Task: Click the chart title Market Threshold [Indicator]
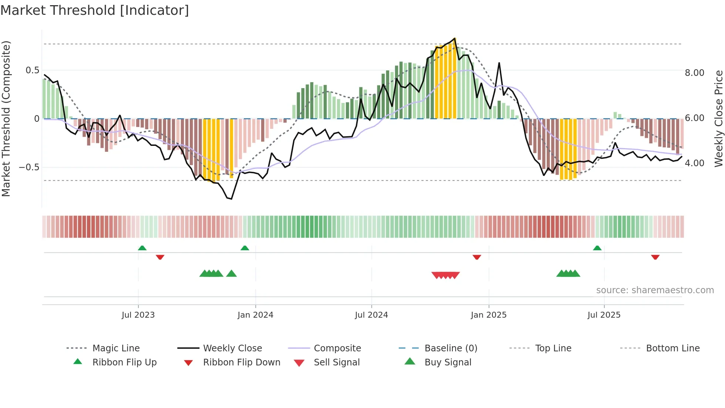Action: click(x=95, y=10)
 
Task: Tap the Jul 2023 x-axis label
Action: click(x=138, y=315)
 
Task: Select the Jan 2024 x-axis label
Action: click(x=255, y=315)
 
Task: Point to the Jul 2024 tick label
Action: click(x=371, y=315)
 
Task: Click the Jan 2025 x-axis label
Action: click(x=489, y=315)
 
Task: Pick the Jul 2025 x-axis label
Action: click(x=604, y=315)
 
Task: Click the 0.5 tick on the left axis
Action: click(x=32, y=70)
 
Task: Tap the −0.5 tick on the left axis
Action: click(x=29, y=167)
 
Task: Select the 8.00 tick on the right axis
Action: click(x=694, y=73)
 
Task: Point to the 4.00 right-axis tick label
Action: click(x=694, y=163)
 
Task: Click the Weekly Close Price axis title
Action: click(x=718, y=118)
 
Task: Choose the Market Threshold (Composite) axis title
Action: click(x=6, y=118)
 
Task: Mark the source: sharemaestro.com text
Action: click(x=655, y=290)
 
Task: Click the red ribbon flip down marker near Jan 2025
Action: click(x=477, y=257)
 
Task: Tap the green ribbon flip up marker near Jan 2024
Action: click(x=245, y=248)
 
